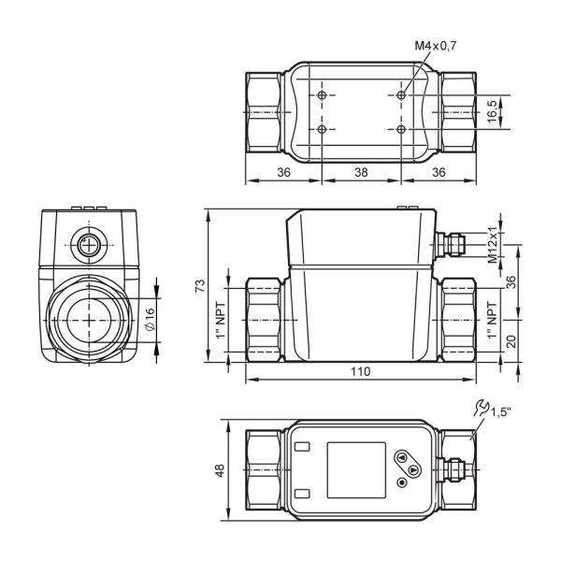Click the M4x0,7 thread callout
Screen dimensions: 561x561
coord(436,46)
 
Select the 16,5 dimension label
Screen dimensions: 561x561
coord(493,111)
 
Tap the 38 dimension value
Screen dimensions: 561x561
coord(361,172)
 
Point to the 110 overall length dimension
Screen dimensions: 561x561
coord(361,372)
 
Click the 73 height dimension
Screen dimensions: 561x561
coord(200,285)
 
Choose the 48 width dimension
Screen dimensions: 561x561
coord(220,469)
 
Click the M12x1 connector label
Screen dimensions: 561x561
coord(493,244)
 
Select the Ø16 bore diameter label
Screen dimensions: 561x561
coord(150,319)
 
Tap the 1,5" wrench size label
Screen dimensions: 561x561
coord(500,412)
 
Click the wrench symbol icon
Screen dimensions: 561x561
coord(482,408)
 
